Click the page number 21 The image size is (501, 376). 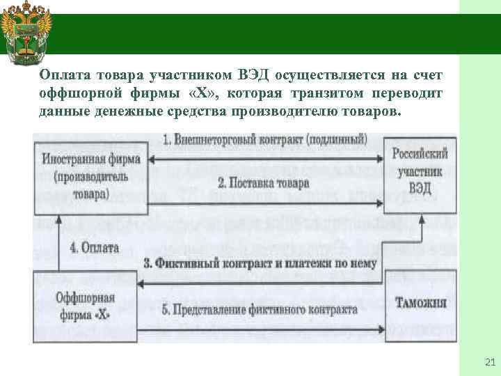click(488, 361)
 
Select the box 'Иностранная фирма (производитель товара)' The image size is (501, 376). click(90, 175)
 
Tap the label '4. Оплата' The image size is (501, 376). click(95, 247)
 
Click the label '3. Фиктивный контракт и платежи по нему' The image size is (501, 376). click(260, 264)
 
